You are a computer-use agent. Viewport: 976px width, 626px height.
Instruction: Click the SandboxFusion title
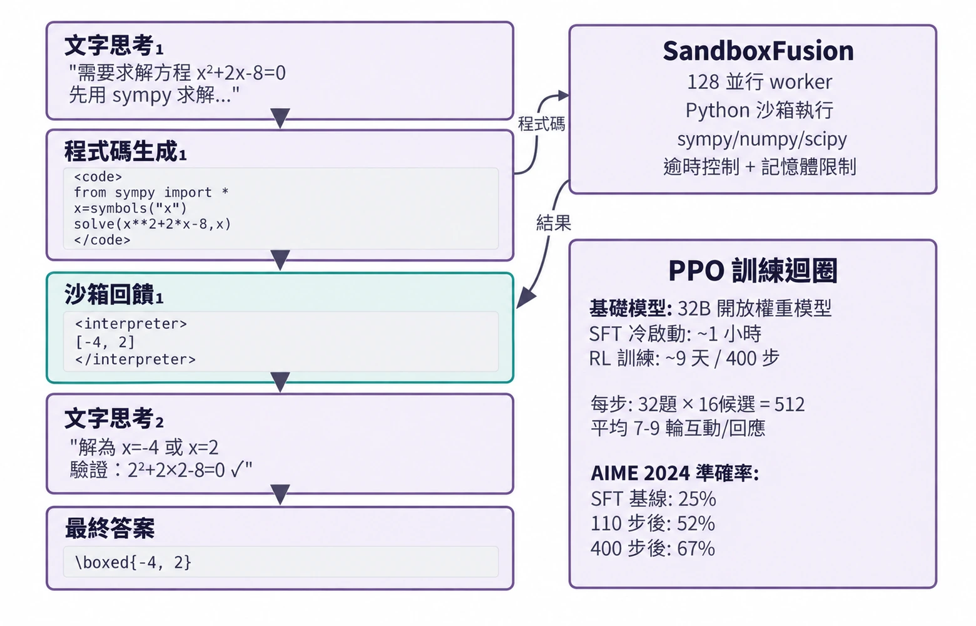tap(758, 51)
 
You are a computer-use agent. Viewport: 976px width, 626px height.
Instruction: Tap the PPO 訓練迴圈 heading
tap(753, 270)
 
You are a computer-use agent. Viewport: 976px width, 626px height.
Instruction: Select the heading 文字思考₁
tap(114, 46)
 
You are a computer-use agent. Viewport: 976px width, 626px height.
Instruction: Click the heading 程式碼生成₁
tap(126, 151)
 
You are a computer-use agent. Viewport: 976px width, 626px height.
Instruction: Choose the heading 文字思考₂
tap(114, 419)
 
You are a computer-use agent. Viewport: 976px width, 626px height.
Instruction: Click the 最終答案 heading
tap(110, 528)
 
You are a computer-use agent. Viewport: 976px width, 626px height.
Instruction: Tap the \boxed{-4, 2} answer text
tap(133, 562)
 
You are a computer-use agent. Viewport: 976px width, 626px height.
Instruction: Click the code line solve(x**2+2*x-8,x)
tap(153, 224)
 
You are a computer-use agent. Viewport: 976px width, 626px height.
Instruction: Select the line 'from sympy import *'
tap(151, 192)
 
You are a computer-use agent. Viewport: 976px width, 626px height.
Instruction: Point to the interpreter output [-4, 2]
tap(105, 342)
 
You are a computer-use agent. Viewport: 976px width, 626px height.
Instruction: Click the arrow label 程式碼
tap(542, 124)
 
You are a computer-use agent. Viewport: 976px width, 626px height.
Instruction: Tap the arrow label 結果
tap(553, 223)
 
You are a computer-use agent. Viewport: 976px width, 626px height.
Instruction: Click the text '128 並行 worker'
tap(760, 82)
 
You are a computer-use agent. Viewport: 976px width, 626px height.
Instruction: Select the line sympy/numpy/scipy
tap(762, 140)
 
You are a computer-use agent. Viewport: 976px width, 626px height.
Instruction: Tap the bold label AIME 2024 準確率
tap(675, 473)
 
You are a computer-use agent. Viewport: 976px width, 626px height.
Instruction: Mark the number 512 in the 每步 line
tap(789, 404)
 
